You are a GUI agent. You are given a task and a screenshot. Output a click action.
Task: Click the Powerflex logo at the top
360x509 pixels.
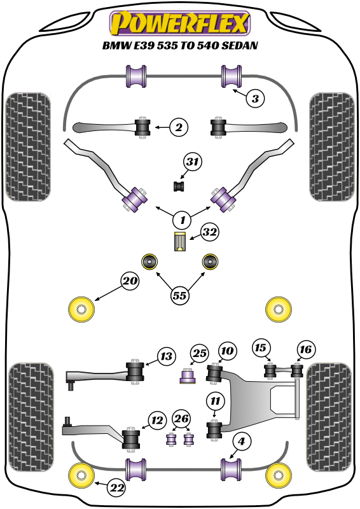(x=180, y=24)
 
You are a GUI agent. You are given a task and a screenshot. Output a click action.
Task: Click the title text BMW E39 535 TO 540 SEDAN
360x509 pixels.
(x=180, y=46)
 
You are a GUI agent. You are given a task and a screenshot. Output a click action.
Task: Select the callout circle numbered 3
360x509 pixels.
(x=254, y=99)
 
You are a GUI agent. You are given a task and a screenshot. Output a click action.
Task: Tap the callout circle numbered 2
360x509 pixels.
(x=179, y=128)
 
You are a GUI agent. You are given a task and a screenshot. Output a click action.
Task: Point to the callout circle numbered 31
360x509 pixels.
(x=193, y=163)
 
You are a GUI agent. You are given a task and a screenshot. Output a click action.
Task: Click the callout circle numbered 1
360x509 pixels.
(x=182, y=220)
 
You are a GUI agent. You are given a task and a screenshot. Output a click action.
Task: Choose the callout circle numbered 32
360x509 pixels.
(x=211, y=233)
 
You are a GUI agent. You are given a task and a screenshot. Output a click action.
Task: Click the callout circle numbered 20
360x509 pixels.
(x=130, y=281)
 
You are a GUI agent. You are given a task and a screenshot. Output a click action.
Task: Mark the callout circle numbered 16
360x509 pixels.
(x=305, y=349)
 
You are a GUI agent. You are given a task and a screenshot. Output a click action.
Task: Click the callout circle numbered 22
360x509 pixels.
(x=116, y=488)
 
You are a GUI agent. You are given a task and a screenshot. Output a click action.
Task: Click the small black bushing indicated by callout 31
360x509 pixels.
(x=179, y=186)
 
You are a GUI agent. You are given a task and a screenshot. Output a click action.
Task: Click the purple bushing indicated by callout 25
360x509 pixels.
(x=187, y=377)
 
